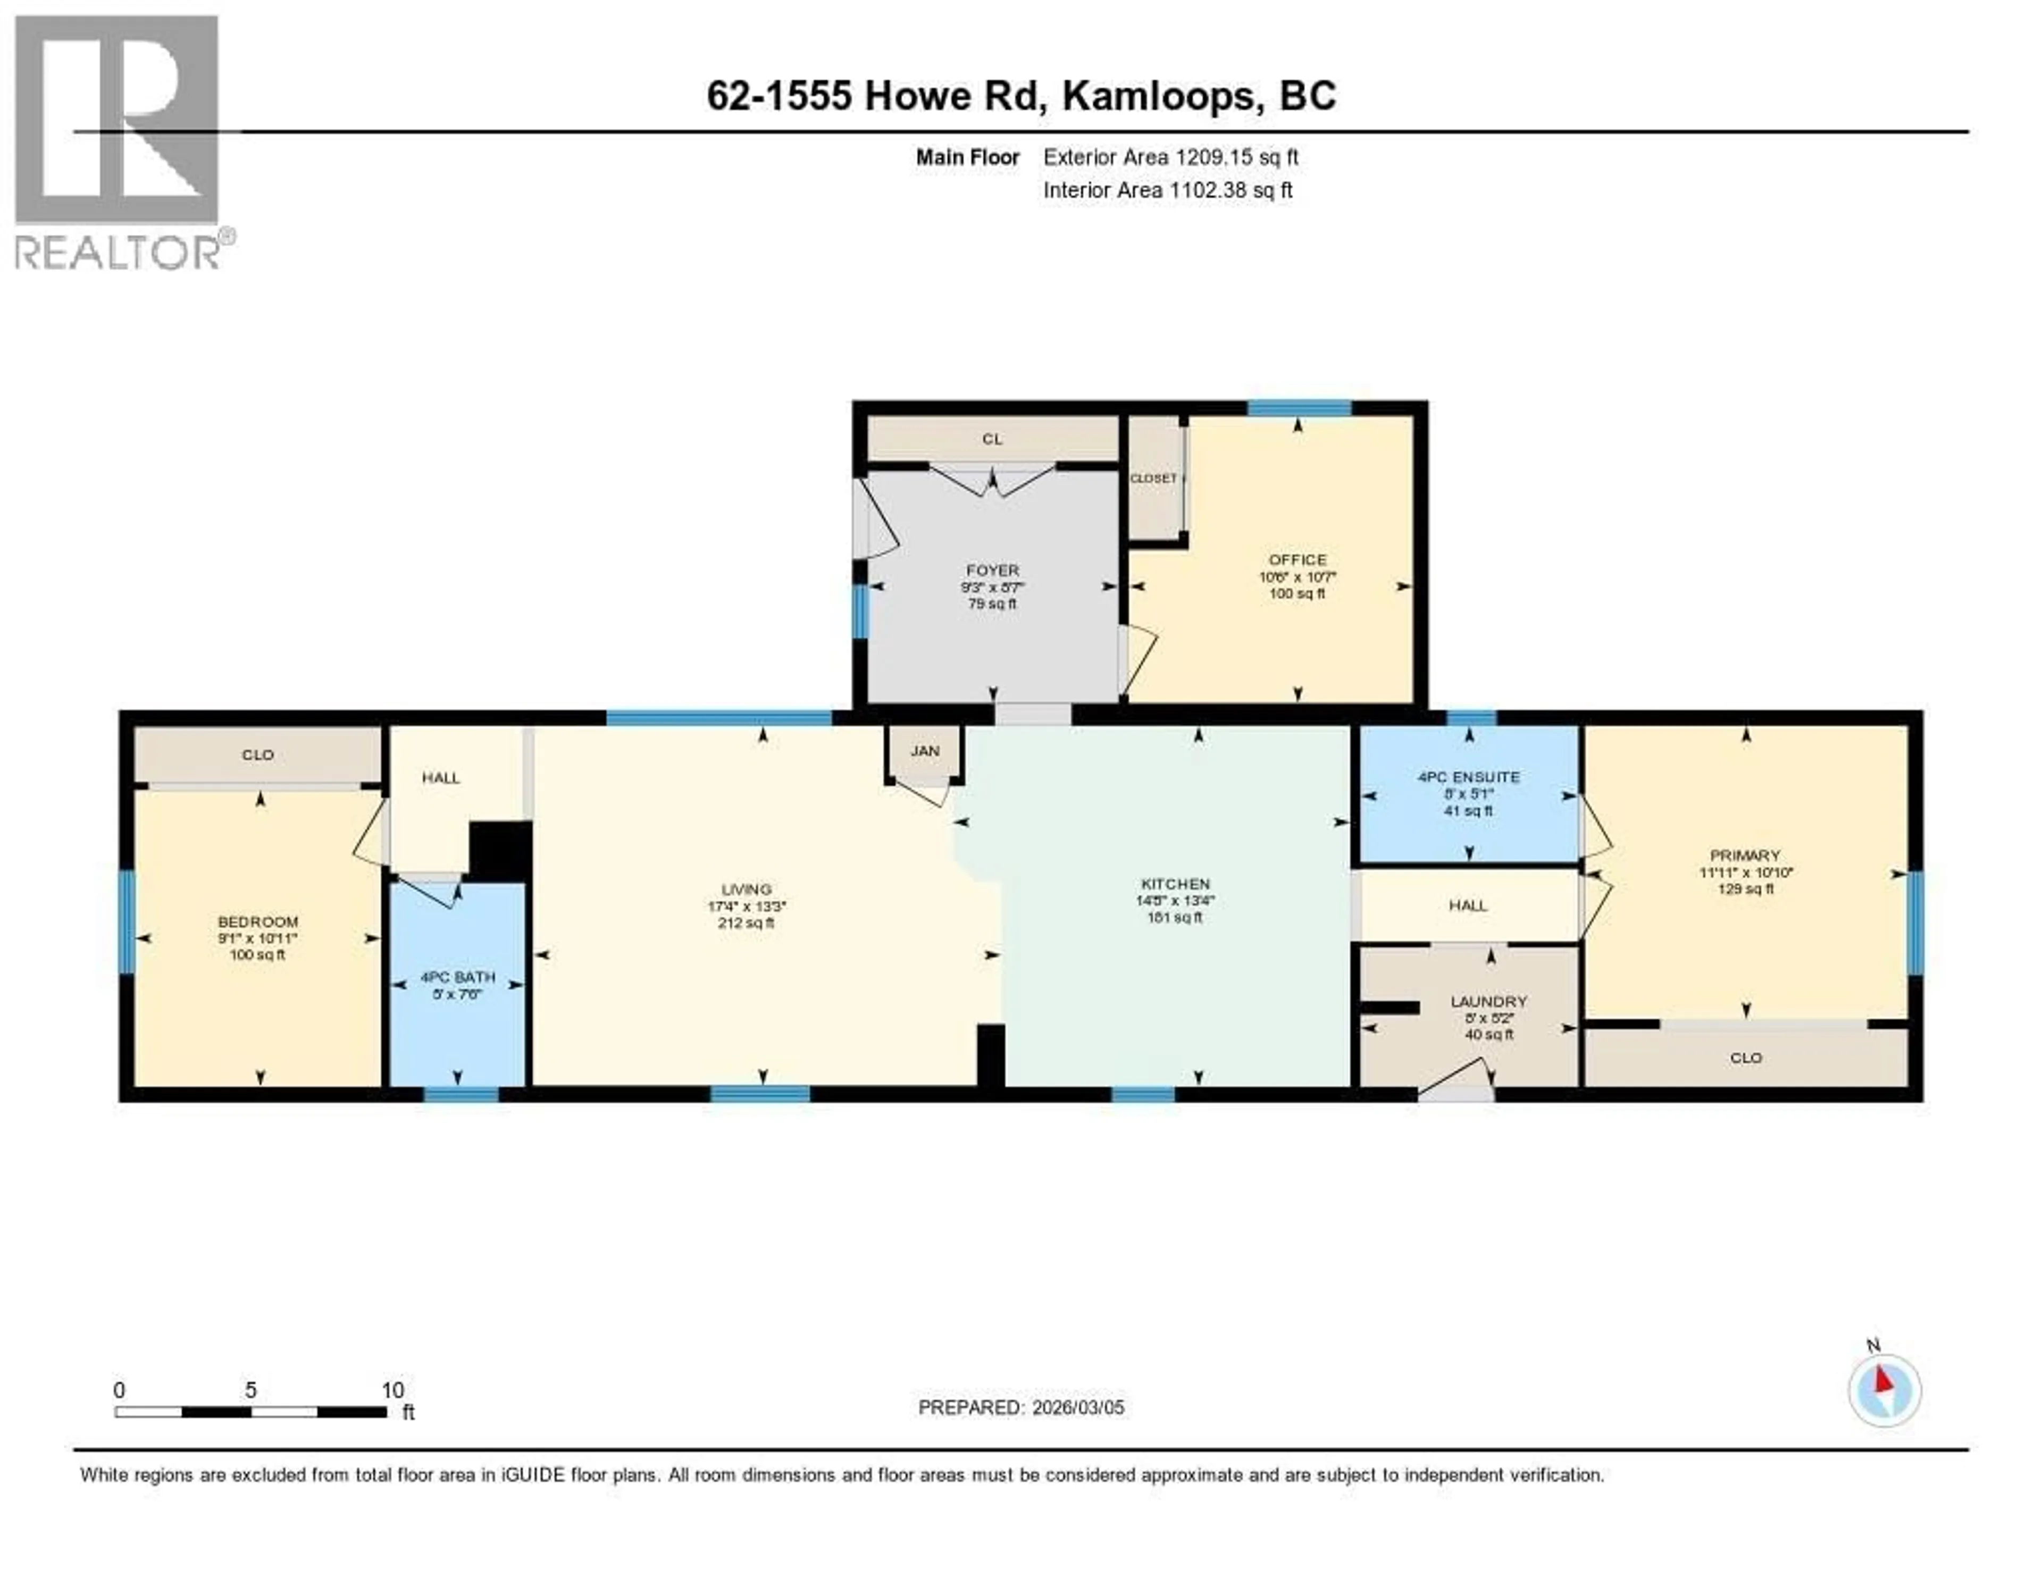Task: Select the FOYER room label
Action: tap(992, 570)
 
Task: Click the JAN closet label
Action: tap(925, 751)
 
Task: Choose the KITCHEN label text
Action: tap(1175, 883)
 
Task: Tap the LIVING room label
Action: tap(746, 889)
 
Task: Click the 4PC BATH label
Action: tap(457, 977)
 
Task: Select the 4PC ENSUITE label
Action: tap(1468, 777)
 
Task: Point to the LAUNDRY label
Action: tap(1488, 1001)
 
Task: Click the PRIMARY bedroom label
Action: tap(1745, 855)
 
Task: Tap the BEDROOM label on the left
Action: tap(258, 922)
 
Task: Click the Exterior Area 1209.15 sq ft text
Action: tap(1170, 157)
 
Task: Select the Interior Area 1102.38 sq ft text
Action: tap(1168, 190)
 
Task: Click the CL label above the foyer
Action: tap(992, 439)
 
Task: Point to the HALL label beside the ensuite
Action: tap(1467, 905)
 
